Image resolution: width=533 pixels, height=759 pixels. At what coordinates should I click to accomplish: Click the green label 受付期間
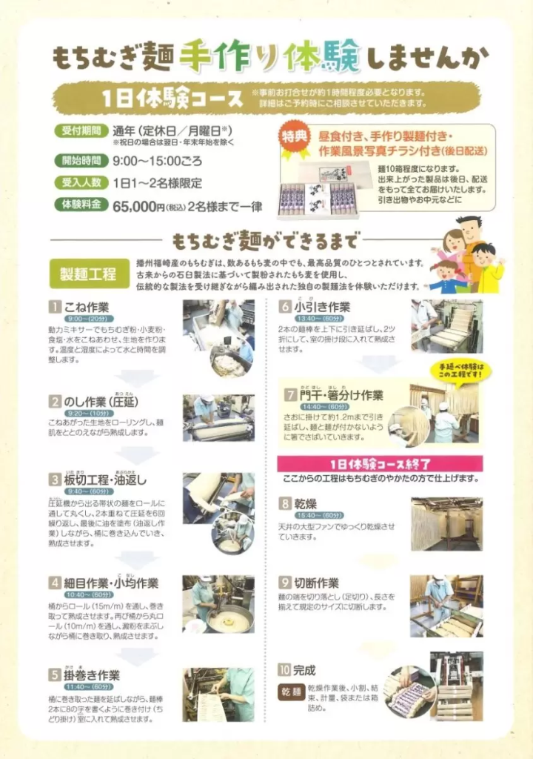pyautogui.click(x=80, y=131)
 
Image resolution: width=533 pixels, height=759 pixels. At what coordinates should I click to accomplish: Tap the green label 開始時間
pyautogui.click(x=80, y=160)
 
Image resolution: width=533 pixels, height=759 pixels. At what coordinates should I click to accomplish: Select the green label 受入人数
pyautogui.click(x=80, y=182)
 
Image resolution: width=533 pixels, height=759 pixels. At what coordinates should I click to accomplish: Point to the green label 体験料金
pyautogui.click(x=80, y=205)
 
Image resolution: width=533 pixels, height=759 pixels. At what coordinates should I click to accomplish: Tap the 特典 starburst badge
pyautogui.click(x=296, y=141)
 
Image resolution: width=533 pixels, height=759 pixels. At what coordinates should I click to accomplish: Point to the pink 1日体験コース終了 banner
pyautogui.click(x=380, y=464)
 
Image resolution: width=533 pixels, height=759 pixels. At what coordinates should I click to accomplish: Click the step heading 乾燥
pyautogui.click(x=304, y=503)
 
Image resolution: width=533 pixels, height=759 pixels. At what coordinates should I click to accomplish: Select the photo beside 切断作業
pyautogui.click(x=446, y=606)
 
